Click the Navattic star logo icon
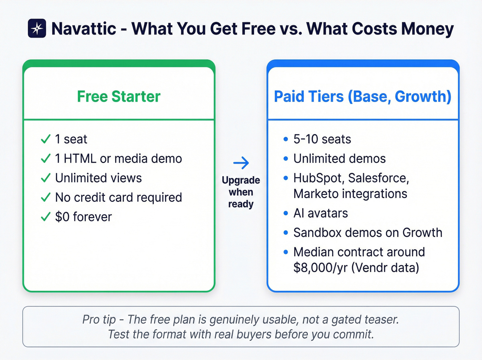(x=37, y=28)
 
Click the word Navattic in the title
(x=84, y=29)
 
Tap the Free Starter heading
(x=119, y=96)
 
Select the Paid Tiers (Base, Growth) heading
(x=363, y=96)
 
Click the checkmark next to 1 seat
(x=45, y=140)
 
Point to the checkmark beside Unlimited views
(x=45, y=178)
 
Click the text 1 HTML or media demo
(x=118, y=159)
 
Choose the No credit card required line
(x=118, y=197)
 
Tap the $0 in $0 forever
(x=62, y=217)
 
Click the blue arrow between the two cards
(x=241, y=163)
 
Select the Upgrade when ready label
(x=241, y=192)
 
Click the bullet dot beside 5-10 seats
(x=285, y=140)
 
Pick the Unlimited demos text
(x=339, y=159)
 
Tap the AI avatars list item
(x=321, y=214)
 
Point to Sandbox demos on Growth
(x=368, y=233)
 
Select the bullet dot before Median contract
(x=285, y=252)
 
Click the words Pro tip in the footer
(x=99, y=320)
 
